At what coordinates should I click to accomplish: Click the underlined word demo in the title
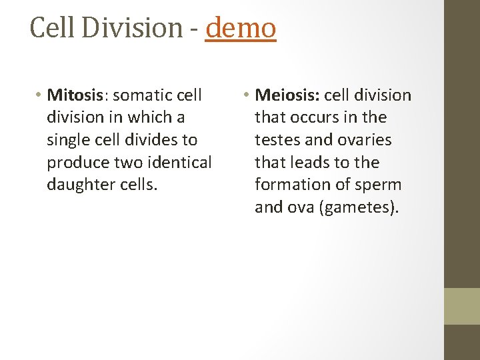[x=241, y=28]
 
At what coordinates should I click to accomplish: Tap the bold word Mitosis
[x=74, y=95]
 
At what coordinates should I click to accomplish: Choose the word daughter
[x=81, y=185]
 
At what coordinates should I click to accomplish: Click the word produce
[x=79, y=162]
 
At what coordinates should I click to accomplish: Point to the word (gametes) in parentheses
[x=359, y=207]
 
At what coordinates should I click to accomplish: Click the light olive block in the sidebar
[x=463, y=306]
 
